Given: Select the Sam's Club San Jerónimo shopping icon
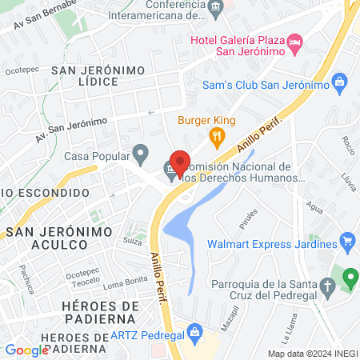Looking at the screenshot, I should tap(340, 82).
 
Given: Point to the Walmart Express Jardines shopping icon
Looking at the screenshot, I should tap(346, 240).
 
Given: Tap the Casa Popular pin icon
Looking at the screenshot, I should tap(141, 152).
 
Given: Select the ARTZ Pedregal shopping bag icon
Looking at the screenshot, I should tap(194, 330).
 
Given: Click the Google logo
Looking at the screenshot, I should tap(26, 350).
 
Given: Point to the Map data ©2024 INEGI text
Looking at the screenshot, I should tap(312, 354).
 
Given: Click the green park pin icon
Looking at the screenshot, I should tap(350, 279).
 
